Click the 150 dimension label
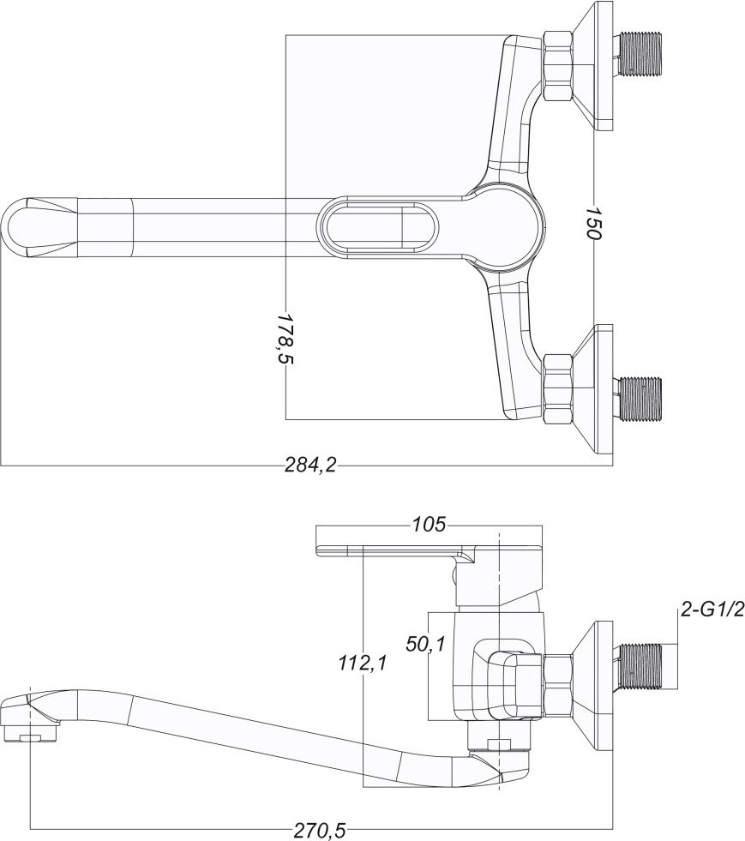tap(597, 220)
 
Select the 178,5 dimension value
tap(285, 339)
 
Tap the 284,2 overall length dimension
tap(310, 465)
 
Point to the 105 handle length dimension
tap(429, 524)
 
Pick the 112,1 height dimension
tap(363, 664)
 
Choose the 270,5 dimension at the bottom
tap(321, 831)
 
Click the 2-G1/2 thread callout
tap(712, 610)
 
